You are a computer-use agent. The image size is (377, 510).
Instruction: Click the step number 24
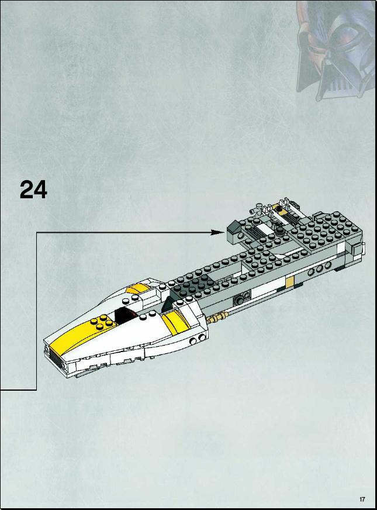tap(33, 189)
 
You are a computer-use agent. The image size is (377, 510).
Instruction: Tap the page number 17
tap(362, 499)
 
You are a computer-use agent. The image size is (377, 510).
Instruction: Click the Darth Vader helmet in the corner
tap(336, 49)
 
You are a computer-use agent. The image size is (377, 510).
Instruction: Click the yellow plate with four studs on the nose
tap(102, 321)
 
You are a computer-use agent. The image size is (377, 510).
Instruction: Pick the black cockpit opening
tap(123, 315)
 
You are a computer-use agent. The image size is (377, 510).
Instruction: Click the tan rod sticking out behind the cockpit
tap(219, 316)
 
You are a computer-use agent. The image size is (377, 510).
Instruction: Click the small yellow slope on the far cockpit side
tap(135, 289)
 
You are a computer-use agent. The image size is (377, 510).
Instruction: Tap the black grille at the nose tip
tap(56, 358)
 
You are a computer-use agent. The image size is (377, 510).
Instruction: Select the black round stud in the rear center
tap(280, 230)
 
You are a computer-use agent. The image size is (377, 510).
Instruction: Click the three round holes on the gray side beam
tap(320, 269)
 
